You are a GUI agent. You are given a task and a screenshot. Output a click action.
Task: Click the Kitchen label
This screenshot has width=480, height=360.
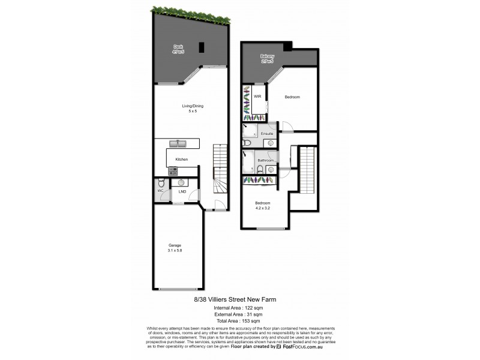[182, 159]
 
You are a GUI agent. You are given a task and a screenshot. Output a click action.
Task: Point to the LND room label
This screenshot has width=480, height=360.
[182, 192]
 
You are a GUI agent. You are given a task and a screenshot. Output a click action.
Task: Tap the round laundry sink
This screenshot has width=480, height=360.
[181, 182]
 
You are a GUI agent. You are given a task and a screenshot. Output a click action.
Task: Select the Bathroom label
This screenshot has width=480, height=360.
[266, 160]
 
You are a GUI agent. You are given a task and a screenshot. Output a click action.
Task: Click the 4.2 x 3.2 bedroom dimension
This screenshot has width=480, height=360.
[263, 207]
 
